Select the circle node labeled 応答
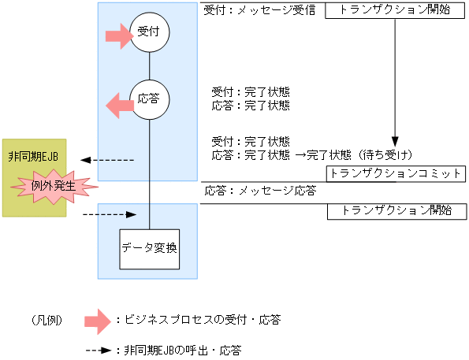click(x=150, y=101)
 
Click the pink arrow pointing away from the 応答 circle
click(x=120, y=101)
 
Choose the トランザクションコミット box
click(x=396, y=174)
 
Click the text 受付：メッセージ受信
click(x=259, y=11)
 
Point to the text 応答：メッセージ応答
click(x=260, y=191)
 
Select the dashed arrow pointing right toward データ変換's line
click(x=110, y=213)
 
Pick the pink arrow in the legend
click(x=99, y=320)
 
